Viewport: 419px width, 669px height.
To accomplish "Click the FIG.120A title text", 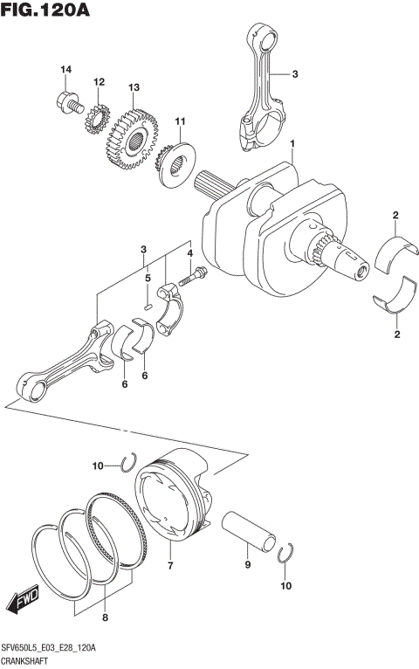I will [45, 11].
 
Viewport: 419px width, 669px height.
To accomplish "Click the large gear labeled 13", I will [131, 137].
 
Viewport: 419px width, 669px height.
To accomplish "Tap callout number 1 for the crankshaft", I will [293, 143].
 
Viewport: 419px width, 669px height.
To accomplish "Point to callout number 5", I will [148, 279].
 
